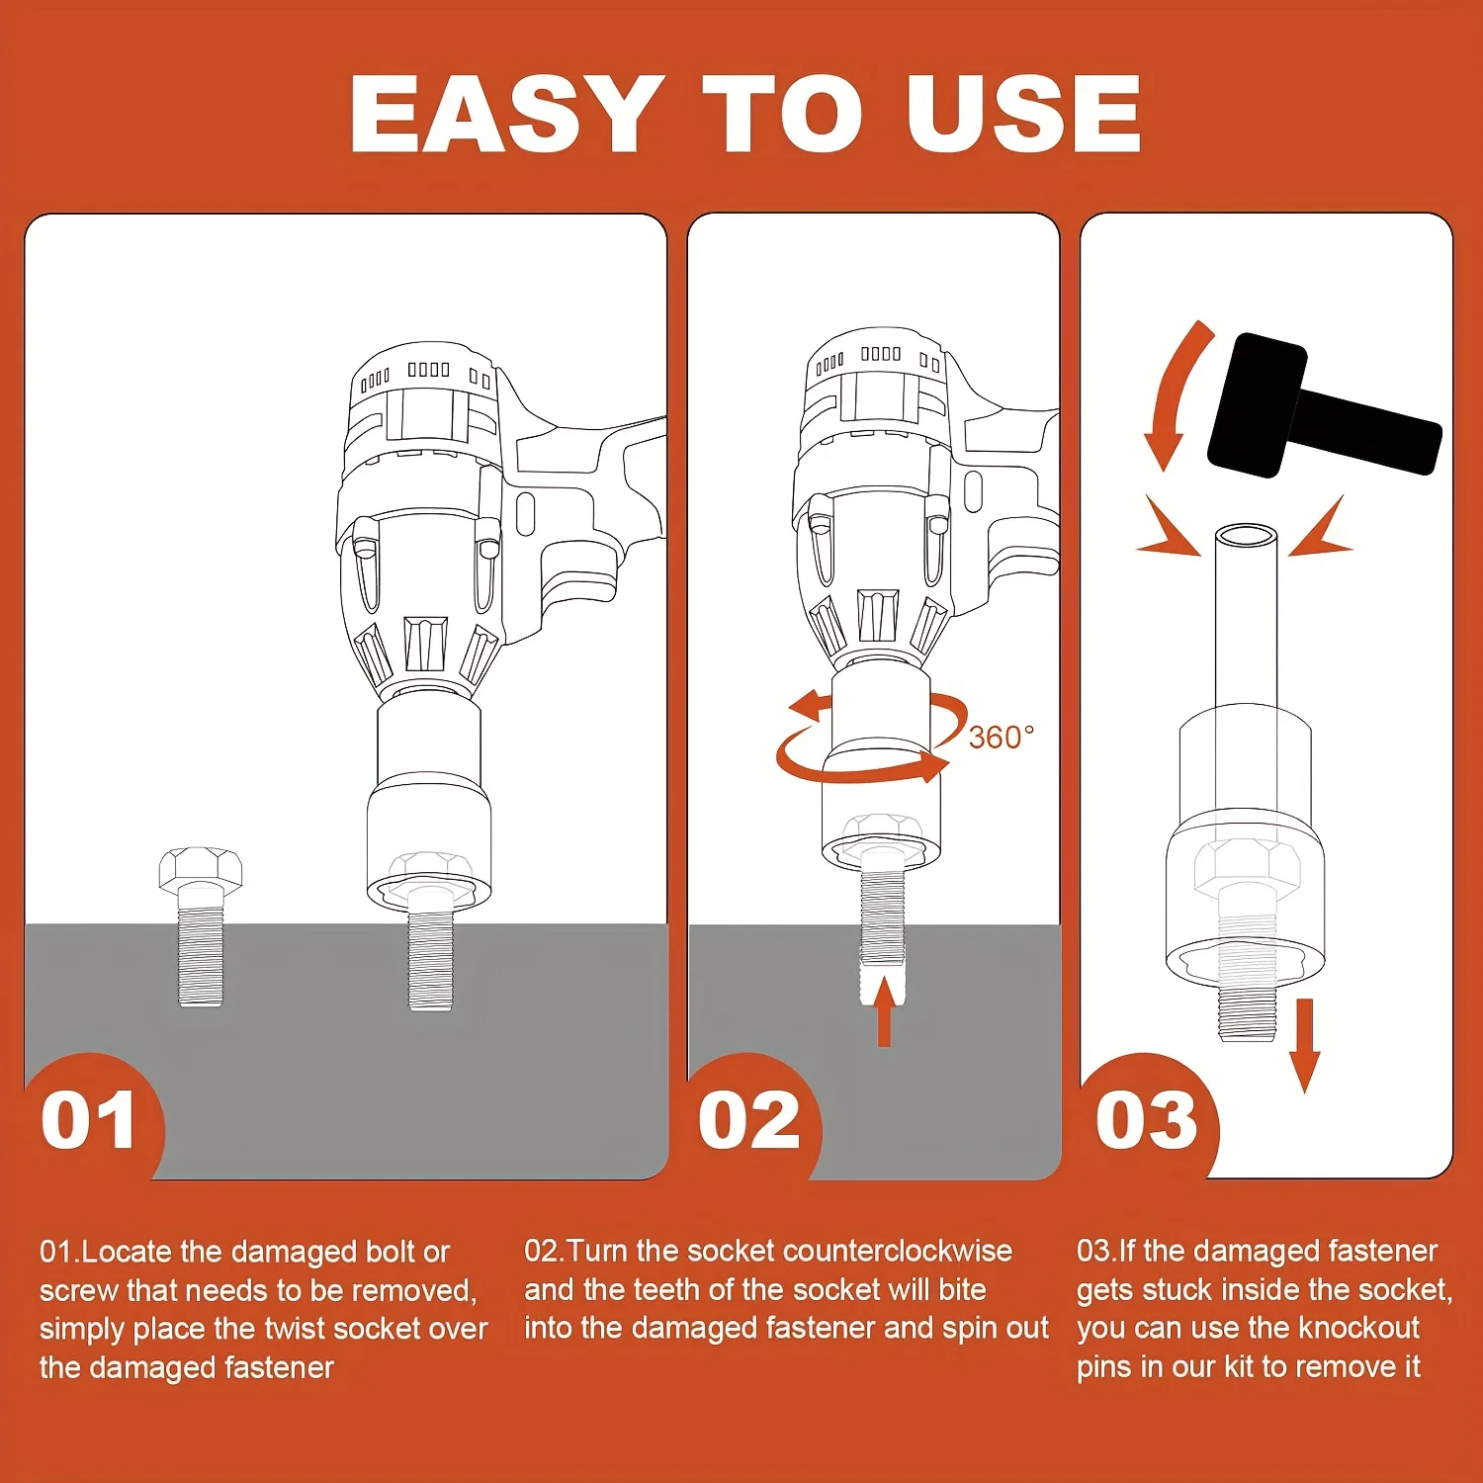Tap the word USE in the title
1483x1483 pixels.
1023,114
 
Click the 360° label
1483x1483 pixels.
1001,738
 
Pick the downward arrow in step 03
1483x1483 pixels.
1305,1045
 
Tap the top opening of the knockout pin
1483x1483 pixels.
1246,537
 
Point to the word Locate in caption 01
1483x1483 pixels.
127,1252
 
